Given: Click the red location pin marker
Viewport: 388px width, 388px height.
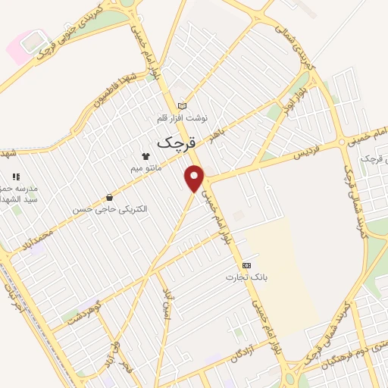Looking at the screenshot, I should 196,178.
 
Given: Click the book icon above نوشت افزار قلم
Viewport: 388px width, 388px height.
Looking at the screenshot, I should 181,105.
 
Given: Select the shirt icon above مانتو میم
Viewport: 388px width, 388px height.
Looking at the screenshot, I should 156,155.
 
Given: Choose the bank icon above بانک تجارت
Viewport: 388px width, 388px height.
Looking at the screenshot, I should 246,266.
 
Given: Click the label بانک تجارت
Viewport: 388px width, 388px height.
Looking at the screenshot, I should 242,277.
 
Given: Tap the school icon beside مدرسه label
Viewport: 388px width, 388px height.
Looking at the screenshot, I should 16,177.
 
